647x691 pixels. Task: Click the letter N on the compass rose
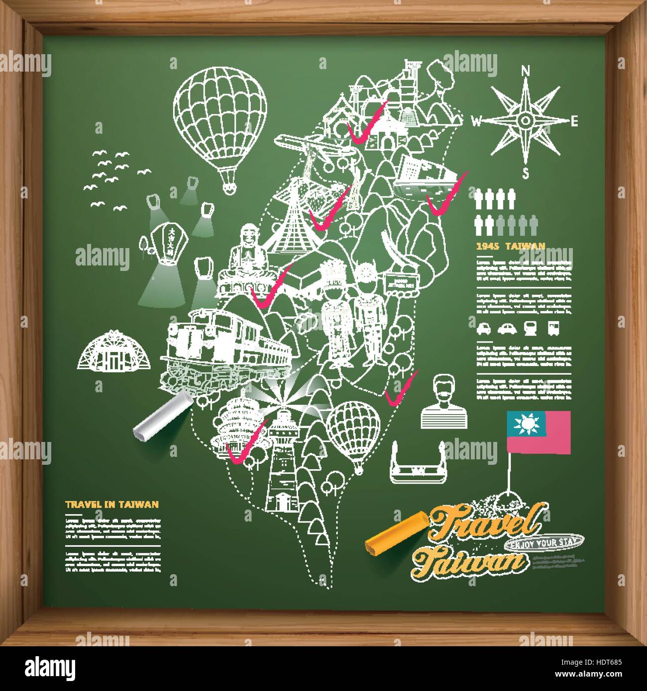524,72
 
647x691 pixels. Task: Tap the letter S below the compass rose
525,173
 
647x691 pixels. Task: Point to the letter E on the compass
574,120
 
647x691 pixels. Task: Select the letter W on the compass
476,121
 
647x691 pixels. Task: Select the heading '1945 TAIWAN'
511,246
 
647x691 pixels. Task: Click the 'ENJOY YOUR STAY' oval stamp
534,543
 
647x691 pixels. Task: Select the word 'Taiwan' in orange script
470,563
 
